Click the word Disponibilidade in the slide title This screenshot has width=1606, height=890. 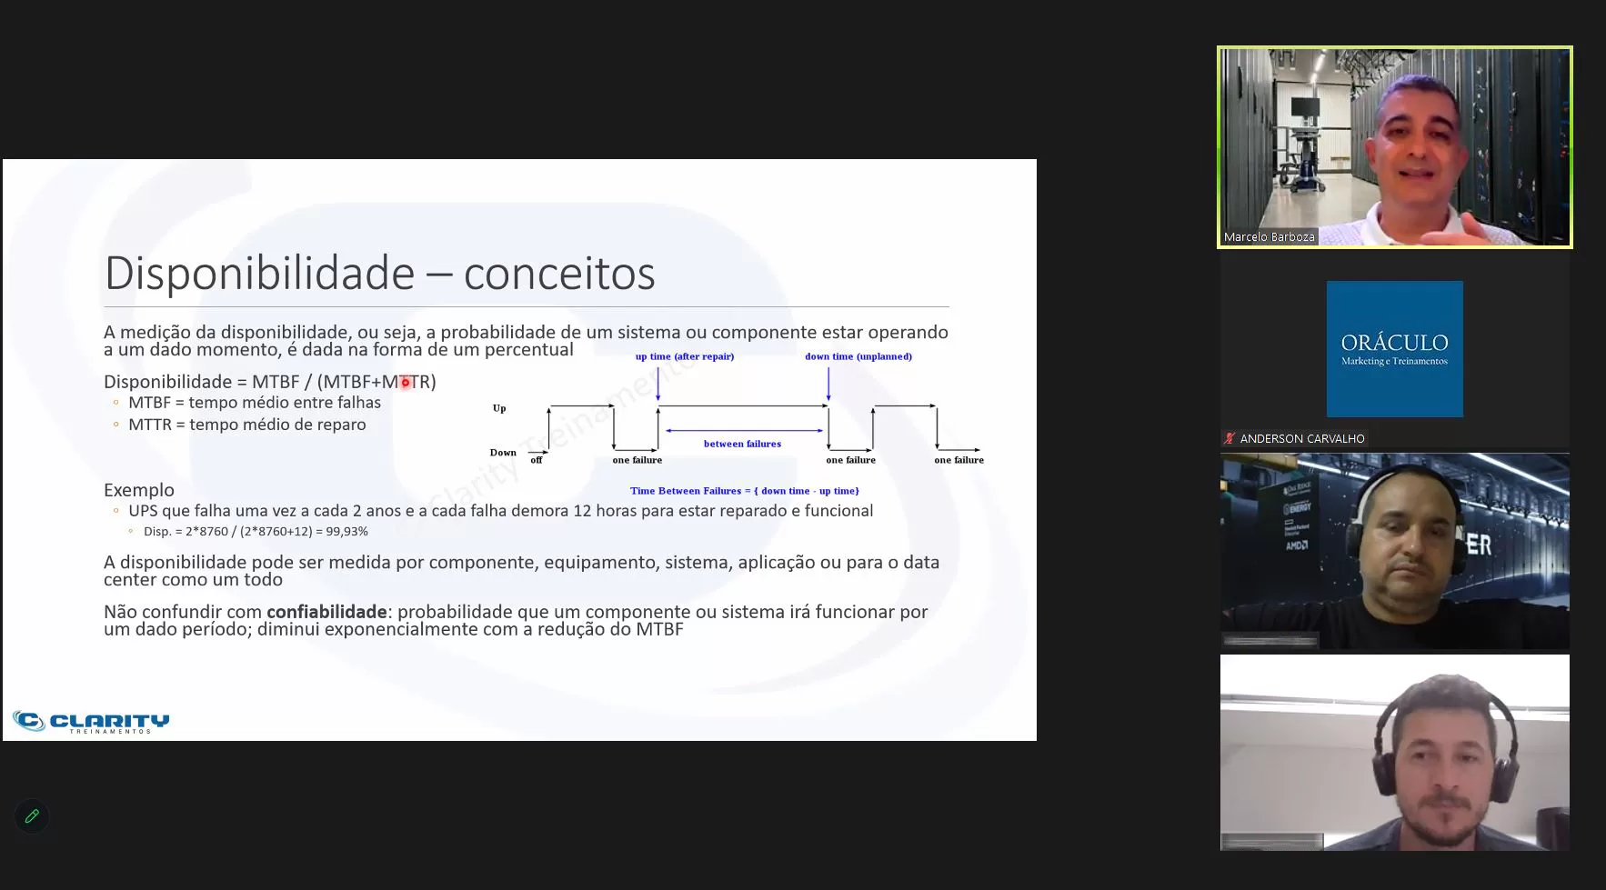click(x=260, y=273)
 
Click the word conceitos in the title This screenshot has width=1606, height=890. click(x=559, y=273)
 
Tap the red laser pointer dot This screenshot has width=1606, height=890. click(x=406, y=383)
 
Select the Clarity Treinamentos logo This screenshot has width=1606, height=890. click(x=91, y=722)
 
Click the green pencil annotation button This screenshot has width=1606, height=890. click(x=32, y=816)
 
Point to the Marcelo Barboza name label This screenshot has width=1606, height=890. click(x=1269, y=236)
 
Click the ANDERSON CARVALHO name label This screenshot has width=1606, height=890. click(x=1301, y=438)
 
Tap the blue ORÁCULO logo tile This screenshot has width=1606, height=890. click(x=1394, y=349)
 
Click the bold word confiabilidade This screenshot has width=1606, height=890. click(x=326, y=612)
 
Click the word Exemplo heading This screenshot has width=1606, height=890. click(x=139, y=490)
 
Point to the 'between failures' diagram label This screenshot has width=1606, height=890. click(x=742, y=444)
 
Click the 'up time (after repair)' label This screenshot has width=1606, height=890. click(x=685, y=356)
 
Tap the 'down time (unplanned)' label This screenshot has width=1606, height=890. click(x=858, y=356)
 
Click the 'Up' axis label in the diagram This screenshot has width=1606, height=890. click(x=499, y=408)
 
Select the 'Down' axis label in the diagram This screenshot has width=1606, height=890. click(x=503, y=452)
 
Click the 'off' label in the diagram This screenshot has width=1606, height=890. click(x=537, y=460)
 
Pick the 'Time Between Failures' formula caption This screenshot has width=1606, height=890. click(x=745, y=491)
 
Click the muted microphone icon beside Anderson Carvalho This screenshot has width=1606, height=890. click(x=1230, y=438)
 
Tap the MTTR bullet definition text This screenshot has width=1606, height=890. click(x=247, y=425)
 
